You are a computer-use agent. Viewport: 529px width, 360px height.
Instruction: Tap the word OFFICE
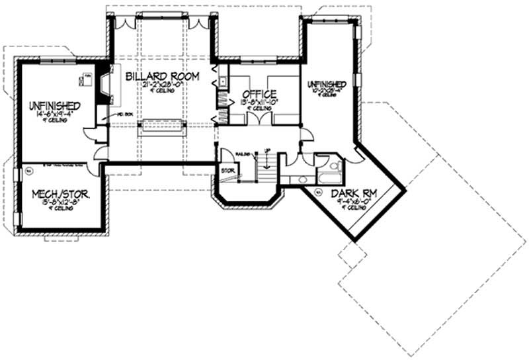pos(259,93)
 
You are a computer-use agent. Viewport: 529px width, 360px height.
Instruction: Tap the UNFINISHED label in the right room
pos(327,85)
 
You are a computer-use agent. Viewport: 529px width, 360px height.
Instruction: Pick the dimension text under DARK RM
pos(351,202)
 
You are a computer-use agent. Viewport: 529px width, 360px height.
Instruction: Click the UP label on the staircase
pos(266,152)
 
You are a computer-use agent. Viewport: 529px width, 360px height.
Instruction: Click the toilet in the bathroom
pos(334,165)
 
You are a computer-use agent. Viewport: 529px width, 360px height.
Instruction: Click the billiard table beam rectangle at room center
pos(161,126)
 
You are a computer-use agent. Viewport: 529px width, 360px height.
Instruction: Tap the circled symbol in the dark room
pos(318,193)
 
